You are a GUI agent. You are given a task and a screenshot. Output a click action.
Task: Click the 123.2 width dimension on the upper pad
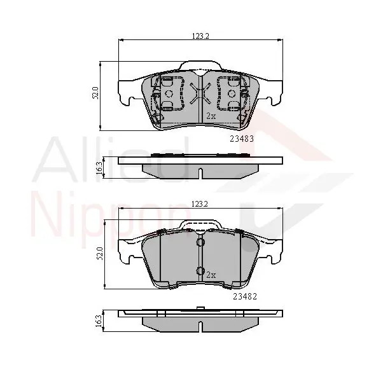200,36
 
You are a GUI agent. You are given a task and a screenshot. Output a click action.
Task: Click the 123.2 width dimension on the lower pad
200,204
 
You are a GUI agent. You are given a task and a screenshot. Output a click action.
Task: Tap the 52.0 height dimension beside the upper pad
95,93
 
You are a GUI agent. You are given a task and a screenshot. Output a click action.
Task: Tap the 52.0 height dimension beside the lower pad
100,253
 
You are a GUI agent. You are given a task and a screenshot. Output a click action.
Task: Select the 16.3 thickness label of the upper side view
99,167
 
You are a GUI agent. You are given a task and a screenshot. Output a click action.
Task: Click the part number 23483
242,139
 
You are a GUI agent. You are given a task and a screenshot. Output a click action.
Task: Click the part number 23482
245,296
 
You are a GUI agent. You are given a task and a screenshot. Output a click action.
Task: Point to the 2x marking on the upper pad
211,116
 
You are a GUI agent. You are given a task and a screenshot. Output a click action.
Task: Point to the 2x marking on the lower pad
211,275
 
